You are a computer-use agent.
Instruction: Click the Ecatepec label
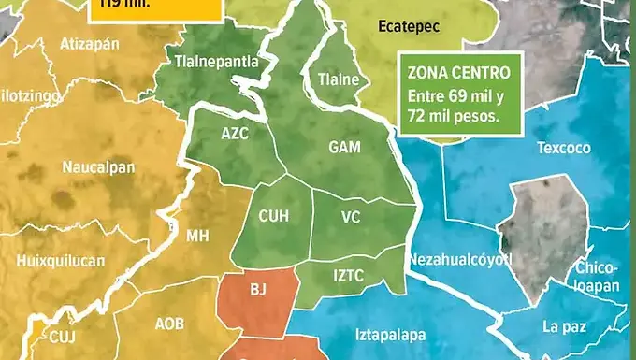[x=409, y=27]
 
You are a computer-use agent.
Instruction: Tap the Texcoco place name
[x=564, y=148]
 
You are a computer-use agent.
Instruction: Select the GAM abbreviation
[x=345, y=147]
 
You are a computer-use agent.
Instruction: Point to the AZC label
[x=235, y=133]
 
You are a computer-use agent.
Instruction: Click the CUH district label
[x=273, y=216]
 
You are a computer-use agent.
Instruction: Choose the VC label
[x=351, y=217]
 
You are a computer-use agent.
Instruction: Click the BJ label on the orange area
[x=259, y=291]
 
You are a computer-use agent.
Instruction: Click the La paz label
[x=564, y=326]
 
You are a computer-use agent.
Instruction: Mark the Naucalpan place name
[x=99, y=167]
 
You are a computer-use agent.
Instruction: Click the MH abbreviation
[x=197, y=236]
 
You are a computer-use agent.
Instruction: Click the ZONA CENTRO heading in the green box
[x=458, y=71]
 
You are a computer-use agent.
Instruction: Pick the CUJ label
[x=63, y=336]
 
